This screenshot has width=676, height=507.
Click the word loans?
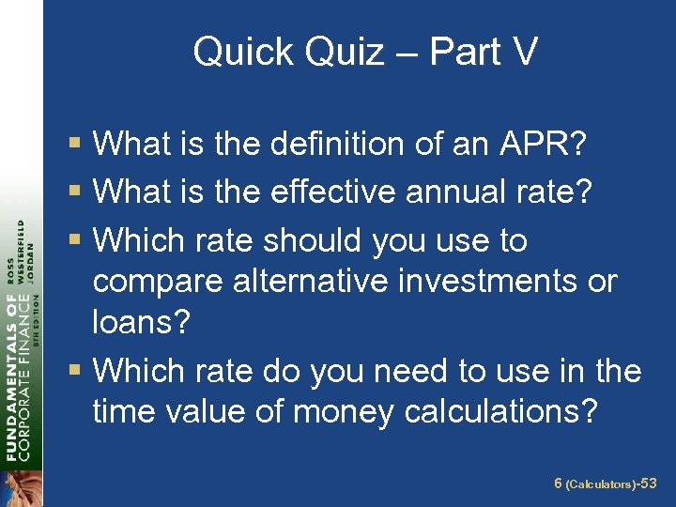[x=141, y=324]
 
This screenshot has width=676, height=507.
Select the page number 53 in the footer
[x=648, y=484]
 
